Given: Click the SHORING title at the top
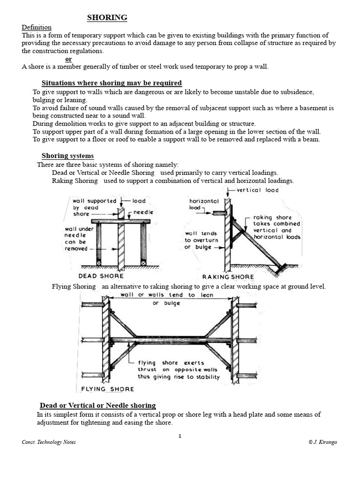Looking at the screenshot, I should (107, 18).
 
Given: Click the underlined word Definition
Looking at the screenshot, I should (37, 27).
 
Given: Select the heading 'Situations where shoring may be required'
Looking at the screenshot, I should (112, 83).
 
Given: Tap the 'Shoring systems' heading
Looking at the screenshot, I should (67, 156).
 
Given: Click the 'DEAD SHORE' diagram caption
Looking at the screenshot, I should (101, 276).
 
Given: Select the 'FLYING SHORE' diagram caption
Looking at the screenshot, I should (107, 389).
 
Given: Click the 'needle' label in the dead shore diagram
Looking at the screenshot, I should (143, 212).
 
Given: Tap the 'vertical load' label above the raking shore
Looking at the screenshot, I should (257, 190).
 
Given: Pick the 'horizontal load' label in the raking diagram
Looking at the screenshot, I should (203, 204).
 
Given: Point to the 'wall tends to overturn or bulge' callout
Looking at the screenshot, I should (201, 240).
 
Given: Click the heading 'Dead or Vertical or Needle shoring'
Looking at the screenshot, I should (97, 405).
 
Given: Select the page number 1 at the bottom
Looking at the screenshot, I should (180, 436).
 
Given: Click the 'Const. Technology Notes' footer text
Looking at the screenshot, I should (49, 442).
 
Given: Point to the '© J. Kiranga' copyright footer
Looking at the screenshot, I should (323, 442).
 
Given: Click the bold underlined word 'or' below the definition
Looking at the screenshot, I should (68, 59).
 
